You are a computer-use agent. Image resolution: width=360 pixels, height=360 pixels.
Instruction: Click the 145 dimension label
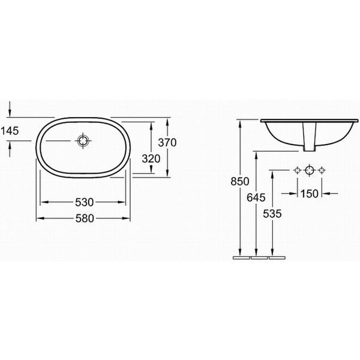[10, 131]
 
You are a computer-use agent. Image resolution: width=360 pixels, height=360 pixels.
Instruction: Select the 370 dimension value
[167, 143]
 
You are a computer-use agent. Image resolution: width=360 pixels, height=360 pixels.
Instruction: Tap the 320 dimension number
[151, 158]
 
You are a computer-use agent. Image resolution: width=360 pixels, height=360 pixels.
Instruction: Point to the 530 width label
[85, 202]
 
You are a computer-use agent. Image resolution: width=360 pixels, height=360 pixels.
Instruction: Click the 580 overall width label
[85, 218]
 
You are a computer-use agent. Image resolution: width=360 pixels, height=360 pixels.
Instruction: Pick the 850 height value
[240, 181]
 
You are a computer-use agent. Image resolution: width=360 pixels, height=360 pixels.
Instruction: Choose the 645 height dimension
[256, 197]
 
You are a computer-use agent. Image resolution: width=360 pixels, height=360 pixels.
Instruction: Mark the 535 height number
[272, 214]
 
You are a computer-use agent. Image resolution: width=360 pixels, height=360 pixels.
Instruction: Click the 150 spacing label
[310, 194]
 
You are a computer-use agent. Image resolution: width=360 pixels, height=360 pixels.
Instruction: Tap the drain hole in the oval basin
[83, 140]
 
